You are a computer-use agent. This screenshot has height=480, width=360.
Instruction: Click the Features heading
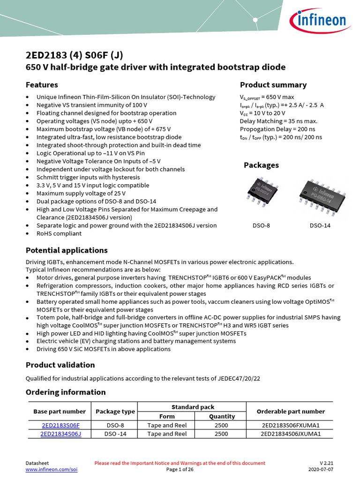(x=42, y=85)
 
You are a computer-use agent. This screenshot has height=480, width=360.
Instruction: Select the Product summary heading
(x=273, y=85)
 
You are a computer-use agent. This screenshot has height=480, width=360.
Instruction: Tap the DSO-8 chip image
(x=261, y=192)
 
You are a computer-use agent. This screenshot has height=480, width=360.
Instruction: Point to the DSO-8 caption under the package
(x=261, y=225)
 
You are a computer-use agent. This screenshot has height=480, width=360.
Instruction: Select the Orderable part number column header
(x=291, y=412)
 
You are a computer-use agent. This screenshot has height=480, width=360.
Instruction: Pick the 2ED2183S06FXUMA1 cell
(x=291, y=425)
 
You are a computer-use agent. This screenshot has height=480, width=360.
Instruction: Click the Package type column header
(x=115, y=412)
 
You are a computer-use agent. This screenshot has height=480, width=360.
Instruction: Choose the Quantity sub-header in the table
(x=222, y=416)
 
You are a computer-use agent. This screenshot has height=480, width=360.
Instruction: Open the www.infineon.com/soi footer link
(x=52, y=469)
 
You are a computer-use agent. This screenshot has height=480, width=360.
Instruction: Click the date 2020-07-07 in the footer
(x=321, y=469)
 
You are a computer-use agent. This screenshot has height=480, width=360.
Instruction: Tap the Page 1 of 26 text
(x=180, y=469)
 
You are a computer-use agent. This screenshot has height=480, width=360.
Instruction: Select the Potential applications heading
(x=67, y=250)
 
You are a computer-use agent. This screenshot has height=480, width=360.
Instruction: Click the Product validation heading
(x=60, y=365)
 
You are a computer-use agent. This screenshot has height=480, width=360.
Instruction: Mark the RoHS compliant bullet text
(x=59, y=233)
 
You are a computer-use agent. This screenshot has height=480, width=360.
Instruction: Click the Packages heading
(x=261, y=165)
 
